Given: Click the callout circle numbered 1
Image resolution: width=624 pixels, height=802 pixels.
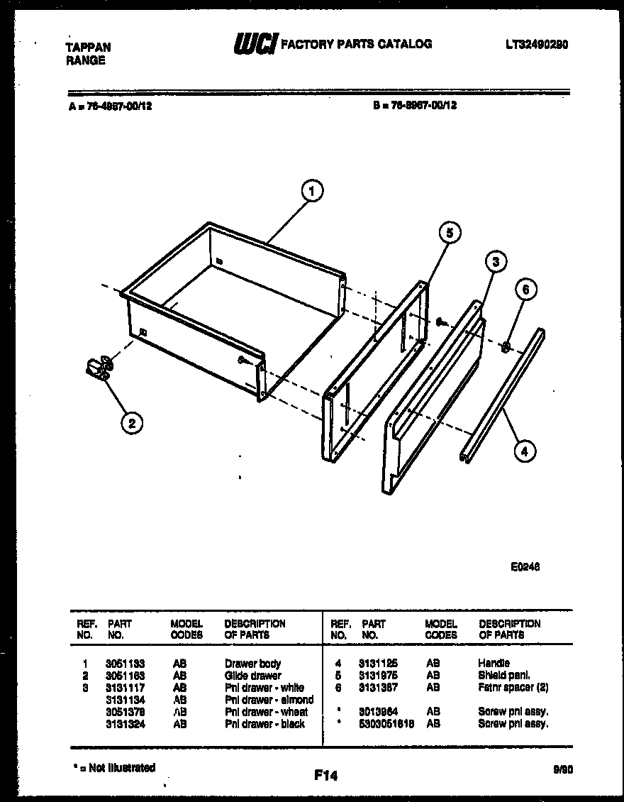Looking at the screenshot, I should pos(311,190).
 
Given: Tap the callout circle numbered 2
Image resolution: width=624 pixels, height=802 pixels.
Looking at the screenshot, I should pos(130,423).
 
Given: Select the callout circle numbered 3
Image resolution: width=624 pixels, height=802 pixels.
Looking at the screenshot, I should pos(496,262).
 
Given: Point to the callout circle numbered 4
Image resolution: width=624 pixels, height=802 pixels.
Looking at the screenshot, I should pos(524,450).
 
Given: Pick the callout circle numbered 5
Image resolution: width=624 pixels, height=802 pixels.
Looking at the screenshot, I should pos(449,232).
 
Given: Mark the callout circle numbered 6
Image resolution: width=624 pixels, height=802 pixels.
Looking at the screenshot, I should pos(525,289).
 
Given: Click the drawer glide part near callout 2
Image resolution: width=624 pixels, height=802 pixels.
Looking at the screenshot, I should pos(96,368).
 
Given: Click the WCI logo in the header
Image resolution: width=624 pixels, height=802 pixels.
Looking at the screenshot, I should pos(255,44).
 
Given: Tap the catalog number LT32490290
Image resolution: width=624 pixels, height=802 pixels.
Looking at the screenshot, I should pos(537,45).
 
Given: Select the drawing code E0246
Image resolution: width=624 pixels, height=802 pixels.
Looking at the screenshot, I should pos(525,566).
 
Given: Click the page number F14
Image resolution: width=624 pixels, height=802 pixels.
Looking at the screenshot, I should pos(326,776).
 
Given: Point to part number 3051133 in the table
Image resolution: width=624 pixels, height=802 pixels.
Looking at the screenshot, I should pos(125,664).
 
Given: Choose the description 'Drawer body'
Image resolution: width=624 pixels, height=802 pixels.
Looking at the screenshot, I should pos(252,664).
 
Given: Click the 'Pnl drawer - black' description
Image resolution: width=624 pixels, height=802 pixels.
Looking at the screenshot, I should pos(264,724).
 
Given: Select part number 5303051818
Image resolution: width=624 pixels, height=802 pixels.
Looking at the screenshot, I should pos(386,724).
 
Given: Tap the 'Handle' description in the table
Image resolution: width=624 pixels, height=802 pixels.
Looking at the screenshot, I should pos(494,663).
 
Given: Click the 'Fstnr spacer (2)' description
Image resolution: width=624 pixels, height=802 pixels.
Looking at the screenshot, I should pos(513,687).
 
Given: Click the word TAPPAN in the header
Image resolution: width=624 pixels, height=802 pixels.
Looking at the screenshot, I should pos(88,48).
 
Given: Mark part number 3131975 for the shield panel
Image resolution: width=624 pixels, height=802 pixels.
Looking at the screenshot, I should pos(378,675).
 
